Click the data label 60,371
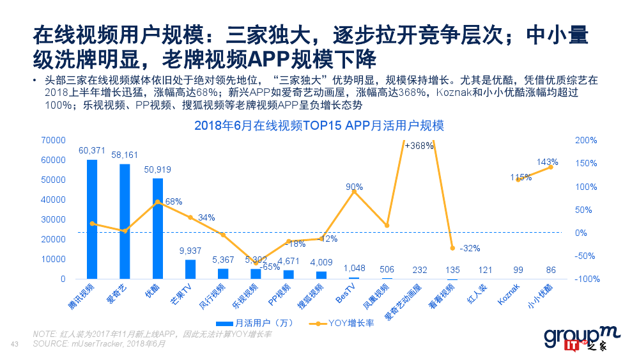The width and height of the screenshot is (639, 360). [x=92, y=150]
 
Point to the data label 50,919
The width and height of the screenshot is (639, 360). [x=158, y=169]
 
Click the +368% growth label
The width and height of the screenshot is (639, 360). [x=419, y=146]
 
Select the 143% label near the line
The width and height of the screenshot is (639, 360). [x=548, y=162]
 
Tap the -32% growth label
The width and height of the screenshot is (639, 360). [x=470, y=248]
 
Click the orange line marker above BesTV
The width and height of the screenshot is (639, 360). [x=354, y=192]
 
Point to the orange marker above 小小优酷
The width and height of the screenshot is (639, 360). [x=551, y=167]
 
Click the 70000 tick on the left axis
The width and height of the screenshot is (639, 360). [x=53, y=140]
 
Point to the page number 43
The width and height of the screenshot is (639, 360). [x=16, y=345]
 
